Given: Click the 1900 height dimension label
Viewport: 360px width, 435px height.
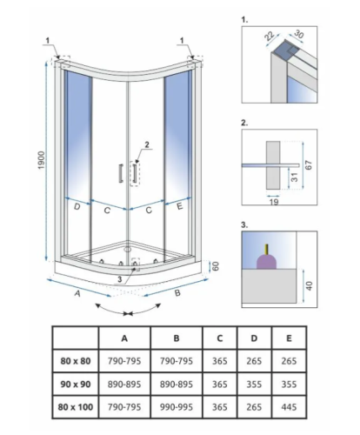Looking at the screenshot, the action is [42, 160].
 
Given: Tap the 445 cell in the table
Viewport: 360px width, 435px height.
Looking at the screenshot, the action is [289, 407].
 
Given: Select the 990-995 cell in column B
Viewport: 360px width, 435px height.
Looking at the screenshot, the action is [177, 407].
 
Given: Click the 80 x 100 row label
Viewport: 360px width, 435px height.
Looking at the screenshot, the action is [76, 407].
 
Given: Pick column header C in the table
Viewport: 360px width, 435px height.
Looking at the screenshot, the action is [220, 338].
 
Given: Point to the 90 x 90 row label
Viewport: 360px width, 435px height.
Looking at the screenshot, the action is [76, 385].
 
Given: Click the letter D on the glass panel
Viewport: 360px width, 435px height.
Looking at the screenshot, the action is [77, 207].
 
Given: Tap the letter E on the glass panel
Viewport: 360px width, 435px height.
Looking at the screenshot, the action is [179, 206].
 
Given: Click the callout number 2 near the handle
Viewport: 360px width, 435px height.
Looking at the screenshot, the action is [147, 144].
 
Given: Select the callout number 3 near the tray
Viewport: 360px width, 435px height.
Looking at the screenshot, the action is [120, 279].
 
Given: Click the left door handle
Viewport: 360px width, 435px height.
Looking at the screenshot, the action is [121, 173].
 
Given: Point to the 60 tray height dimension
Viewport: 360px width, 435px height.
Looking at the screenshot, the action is [216, 266].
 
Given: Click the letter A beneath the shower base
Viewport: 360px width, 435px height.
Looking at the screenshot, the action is [77, 293].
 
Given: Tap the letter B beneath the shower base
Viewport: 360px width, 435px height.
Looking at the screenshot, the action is [177, 293].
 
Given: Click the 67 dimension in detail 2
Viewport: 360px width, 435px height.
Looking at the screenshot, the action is [309, 164].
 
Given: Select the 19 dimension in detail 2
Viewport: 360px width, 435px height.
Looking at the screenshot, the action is [274, 202].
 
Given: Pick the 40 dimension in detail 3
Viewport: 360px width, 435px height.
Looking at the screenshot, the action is [310, 285].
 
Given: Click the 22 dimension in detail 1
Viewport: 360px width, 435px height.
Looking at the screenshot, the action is [269, 36].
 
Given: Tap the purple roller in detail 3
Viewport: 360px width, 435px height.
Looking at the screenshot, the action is [267, 261].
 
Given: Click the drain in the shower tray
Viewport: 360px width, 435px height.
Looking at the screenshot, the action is [127, 249].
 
